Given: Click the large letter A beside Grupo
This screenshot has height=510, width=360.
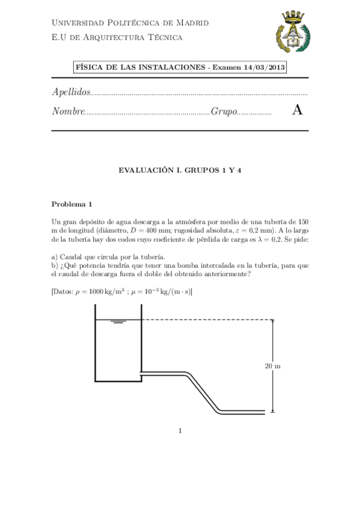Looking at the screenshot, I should pyautogui.click(x=296, y=111).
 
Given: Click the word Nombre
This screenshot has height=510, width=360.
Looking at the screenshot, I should pyautogui.click(x=68, y=111).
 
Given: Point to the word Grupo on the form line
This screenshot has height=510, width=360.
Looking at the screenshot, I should pyautogui.click(x=224, y=111).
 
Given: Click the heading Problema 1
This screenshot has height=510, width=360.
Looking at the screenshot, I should pyautogui.click(x=72, y=203).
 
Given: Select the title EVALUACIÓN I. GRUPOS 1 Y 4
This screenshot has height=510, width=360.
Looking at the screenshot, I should pyautogui.click(x=180, y=170).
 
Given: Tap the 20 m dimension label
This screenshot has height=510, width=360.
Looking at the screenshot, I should pyautogui.click(x=272, y=366).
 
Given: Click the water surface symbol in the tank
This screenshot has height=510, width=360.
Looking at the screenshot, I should pyautogui.click(x=118, y=322).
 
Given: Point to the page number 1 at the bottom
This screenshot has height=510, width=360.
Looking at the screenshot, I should pyautogui.click(x=180, y=430).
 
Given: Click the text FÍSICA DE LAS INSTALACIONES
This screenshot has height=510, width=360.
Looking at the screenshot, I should pyautogui.click(x=139, y=67).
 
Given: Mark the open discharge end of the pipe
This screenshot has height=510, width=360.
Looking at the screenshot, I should pyautogui.click(x=264, y=412).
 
